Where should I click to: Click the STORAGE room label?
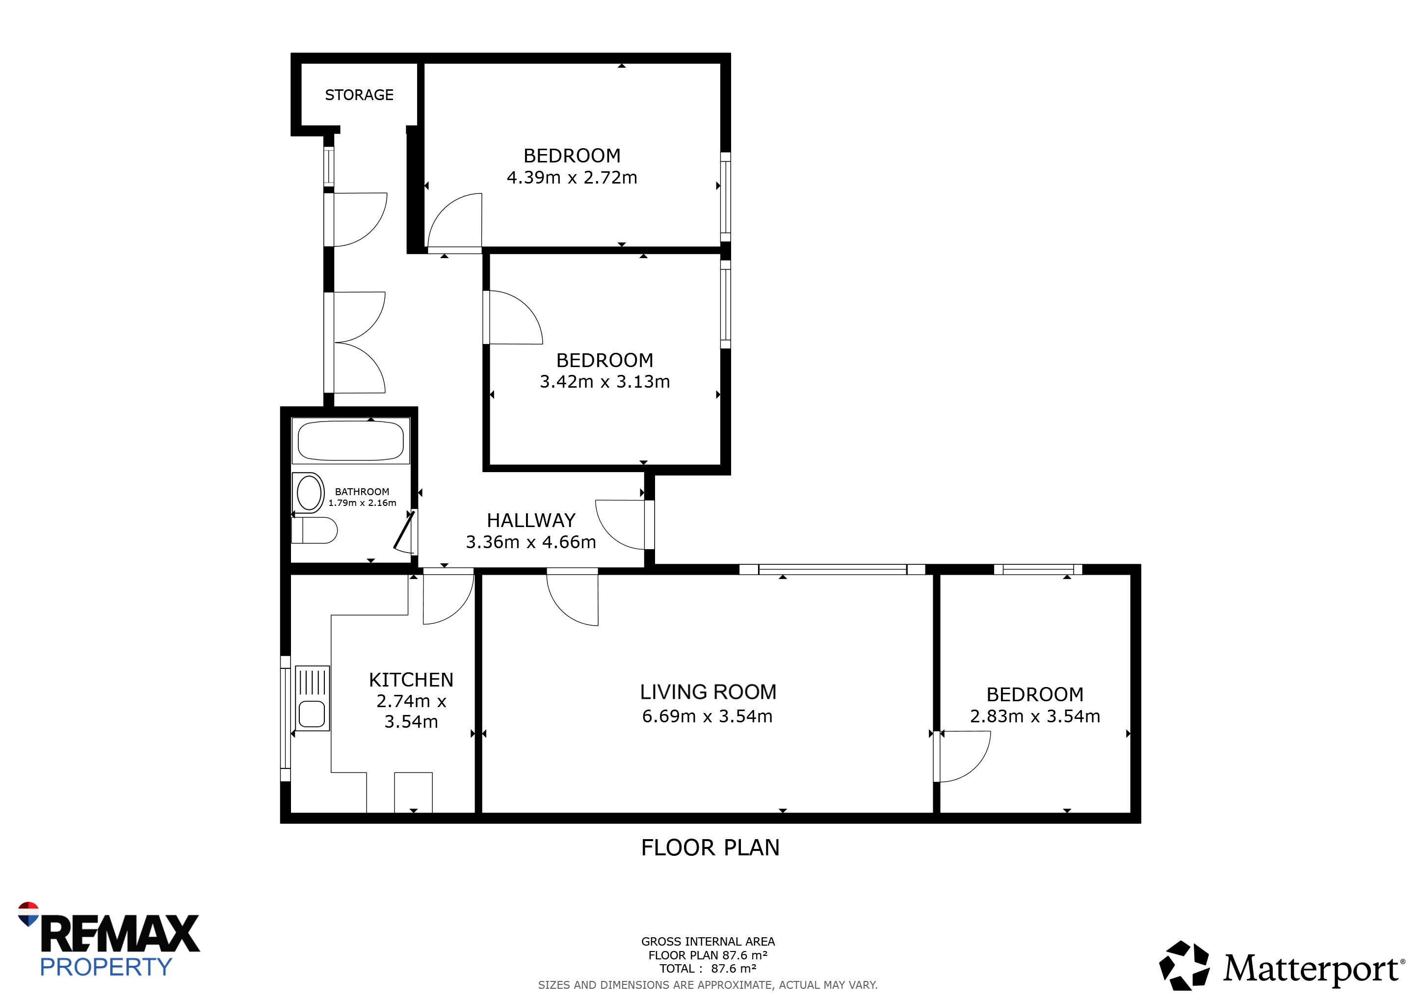[x=359, y=95]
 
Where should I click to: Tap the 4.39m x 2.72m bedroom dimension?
[x=572, y=178]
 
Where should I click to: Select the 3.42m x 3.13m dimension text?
[x=605, y=382]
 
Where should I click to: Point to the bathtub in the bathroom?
[x=351, y=441]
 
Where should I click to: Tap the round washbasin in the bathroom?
[x=309, y=493]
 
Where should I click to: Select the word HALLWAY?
[x=531, y=521]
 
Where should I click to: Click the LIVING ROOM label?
[x=708, y=692]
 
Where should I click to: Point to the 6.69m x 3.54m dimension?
[x=708, y=716]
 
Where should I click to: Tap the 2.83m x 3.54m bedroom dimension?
[x=1035, y=716]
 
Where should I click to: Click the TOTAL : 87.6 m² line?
[x=708, y=969]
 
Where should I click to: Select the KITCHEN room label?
[x=411, y=680]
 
